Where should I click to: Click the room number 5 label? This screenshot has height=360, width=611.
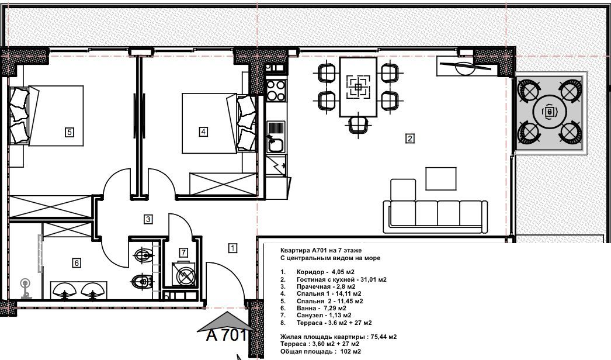(x=69, y=132)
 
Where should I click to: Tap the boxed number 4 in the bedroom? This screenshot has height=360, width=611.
(x=203, y=131)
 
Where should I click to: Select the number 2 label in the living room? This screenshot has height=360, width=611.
(x=410, y=139)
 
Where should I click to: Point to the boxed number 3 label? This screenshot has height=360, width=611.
(x=148, y=219)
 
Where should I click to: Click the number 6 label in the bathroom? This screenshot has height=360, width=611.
(x=76, y=263)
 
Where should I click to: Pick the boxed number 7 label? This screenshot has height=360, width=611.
(x=183, y=252)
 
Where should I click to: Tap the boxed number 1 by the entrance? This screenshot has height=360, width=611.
(x=232, y=248)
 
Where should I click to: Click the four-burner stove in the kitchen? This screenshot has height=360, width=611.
(x=276, y=90)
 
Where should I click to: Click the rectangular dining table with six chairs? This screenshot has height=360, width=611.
(x=357, y=86)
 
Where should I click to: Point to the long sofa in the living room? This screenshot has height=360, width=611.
(x=435, y=214)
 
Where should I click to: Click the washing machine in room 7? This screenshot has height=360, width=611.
(x=184, y=274)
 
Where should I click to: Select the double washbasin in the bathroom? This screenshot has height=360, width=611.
(x=78, y=289)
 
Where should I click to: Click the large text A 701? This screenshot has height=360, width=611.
(x=228, y=335)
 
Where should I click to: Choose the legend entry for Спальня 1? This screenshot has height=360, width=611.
(x=328, y=293)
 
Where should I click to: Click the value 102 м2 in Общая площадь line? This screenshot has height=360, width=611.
(x=349, y=351)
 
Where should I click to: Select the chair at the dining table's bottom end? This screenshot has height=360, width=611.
(x=357, y=123)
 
